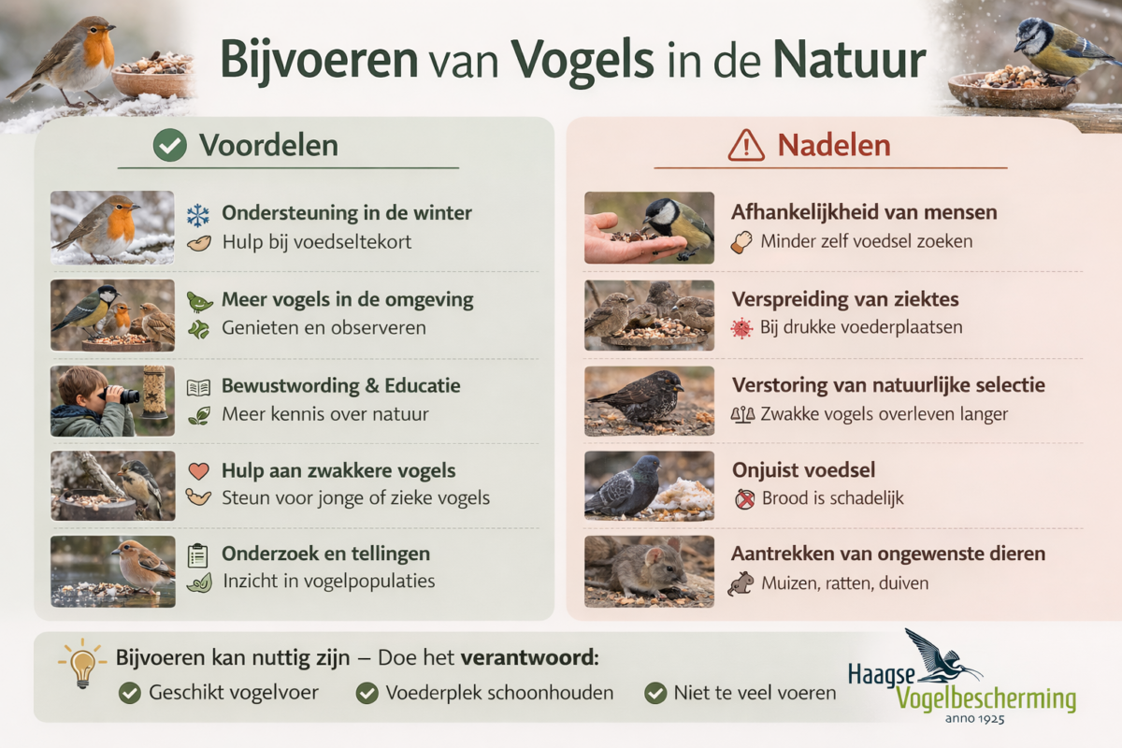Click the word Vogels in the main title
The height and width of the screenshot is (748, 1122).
point(583,61)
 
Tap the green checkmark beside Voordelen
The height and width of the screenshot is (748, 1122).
point(170,145)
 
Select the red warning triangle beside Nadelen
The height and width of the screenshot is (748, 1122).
point(746,146)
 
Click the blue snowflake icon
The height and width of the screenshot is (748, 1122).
point(198,215)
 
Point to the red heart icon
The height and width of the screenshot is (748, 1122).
point(198,471)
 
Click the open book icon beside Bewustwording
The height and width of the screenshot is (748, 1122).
point(198,387)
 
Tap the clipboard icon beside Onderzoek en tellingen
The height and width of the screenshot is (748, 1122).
point(198,555)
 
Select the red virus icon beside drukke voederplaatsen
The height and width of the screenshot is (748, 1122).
point(741,328)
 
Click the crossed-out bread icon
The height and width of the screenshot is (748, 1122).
point(745,499)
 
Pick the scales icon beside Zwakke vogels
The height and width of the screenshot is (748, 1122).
point(742,415)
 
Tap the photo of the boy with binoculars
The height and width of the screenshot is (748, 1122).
point(113,401)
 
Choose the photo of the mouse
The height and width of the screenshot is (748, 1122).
point(649,571)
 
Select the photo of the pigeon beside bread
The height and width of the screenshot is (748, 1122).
point(649,485)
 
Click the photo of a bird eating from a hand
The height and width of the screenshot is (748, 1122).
point(649,227)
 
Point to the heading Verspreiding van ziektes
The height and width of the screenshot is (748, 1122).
point(845,299)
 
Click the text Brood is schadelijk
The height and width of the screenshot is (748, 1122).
point(832,498)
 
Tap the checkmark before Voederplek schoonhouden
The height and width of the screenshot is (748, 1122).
point(367,694)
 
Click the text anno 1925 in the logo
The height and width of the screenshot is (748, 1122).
point(974,719)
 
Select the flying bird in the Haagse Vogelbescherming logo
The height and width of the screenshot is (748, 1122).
point(942,656)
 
